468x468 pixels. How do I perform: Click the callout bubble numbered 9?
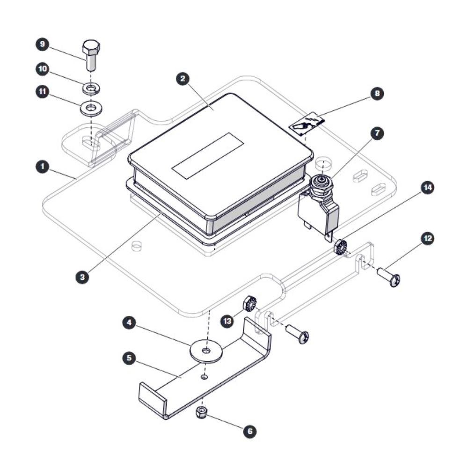click(x=43, y=44)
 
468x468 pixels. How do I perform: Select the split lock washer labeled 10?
click(x=91, y=89)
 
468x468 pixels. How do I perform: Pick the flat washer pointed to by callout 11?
click(x=91, y=108)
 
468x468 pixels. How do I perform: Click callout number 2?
click(x=183, y=79)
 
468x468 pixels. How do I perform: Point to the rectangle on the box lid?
click(x=208, y=156)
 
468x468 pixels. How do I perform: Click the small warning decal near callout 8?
click(x=307, y=123)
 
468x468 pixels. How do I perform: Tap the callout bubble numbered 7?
click(x=377, y=133)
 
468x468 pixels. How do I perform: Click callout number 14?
click(x=427, y=188)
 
